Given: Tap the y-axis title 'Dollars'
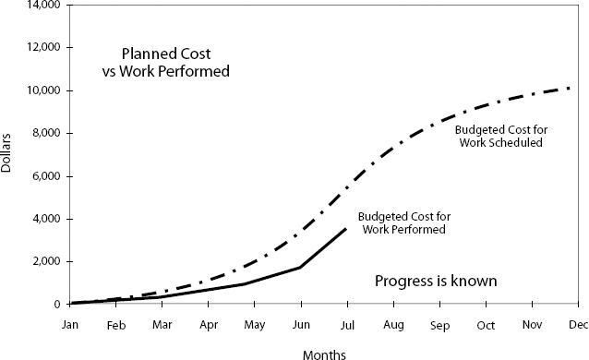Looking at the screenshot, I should [x=8, y=152].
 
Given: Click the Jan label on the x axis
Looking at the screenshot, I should [x=70, y=326].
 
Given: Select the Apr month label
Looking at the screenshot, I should [x=208, y=326].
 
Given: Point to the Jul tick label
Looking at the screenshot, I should [x=347, y=326].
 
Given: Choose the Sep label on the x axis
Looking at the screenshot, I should [x=439, y=326].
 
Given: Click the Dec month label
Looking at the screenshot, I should [x=578, y=326].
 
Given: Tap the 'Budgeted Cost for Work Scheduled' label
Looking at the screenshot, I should [x=499, y=137].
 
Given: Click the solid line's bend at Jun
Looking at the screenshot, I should [x=300, y=268].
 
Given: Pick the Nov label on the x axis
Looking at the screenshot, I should [x=532, y=326].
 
